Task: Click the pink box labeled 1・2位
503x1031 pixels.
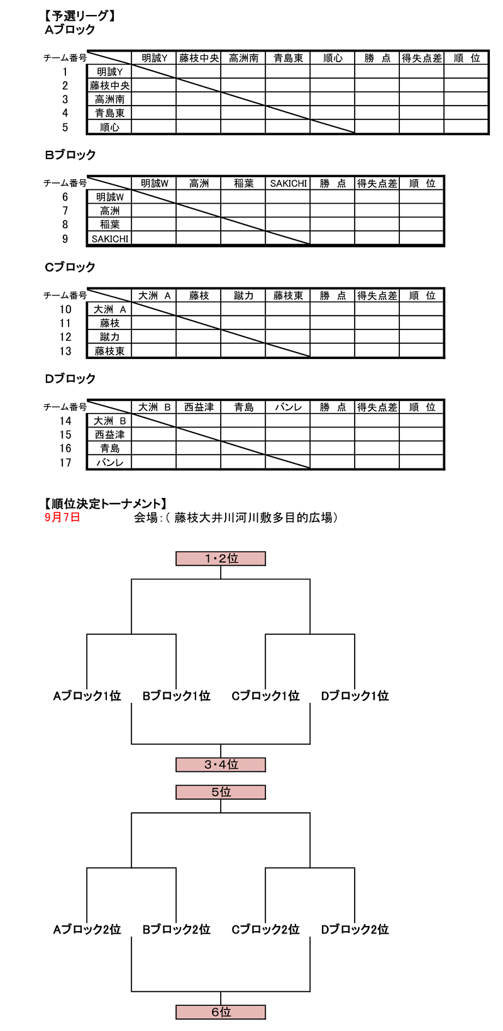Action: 221,558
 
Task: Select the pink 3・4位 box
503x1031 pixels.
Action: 221,764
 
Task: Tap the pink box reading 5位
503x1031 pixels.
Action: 221,792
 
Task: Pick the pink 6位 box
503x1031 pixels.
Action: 221,1012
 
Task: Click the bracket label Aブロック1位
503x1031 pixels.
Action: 87,696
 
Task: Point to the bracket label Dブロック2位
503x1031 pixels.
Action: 355,929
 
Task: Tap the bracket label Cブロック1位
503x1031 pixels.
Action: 265,696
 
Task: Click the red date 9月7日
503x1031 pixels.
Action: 63,517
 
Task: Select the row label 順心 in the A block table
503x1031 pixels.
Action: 109,127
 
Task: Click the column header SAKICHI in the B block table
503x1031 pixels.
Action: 288,184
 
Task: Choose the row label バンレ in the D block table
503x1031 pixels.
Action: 109,463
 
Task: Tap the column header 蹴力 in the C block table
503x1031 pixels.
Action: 243,295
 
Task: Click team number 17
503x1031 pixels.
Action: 65,463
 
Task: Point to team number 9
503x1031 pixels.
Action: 65,239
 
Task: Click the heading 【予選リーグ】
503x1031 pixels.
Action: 79,16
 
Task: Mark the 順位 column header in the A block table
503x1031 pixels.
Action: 467,58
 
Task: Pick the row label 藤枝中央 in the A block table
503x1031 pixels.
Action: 109,85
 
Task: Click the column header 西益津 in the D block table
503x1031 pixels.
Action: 199,407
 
